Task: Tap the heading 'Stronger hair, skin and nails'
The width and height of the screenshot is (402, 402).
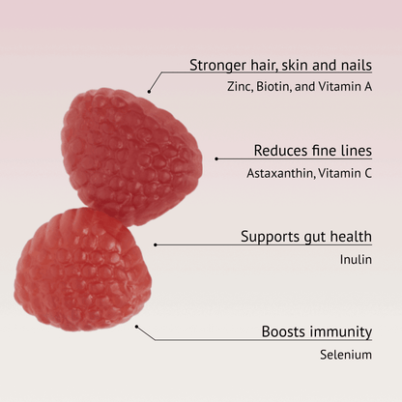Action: pos(280,66)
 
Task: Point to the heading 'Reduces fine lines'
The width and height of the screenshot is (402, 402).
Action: pos(312,151)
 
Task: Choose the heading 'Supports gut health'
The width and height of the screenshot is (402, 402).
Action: pos(305,236)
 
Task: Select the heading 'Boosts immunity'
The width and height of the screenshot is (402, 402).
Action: pos(316,331)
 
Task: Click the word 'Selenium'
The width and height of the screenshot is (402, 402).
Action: pos(346,355)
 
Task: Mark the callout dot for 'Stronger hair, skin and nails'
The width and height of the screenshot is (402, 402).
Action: pos(150,91)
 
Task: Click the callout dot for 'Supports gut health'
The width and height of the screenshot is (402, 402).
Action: pos(156,244)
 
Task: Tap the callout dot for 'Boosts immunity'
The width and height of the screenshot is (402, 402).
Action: pos(136,326)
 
